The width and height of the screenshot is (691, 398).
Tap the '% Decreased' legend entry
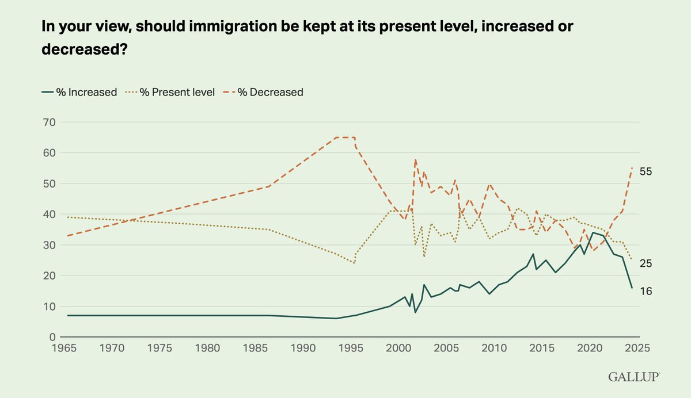pos(264,92)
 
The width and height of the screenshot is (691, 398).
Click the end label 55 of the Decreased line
pos(645,172)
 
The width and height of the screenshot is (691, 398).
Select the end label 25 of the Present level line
pos(645,263)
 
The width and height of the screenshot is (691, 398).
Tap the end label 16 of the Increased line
pos(645,292)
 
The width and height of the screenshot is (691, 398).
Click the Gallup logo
pos(633,377)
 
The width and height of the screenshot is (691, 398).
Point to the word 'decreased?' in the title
pos(84,50)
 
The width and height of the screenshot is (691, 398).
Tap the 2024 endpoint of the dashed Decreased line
pos(632,168)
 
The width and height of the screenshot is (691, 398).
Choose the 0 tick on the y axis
pos(50,337)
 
